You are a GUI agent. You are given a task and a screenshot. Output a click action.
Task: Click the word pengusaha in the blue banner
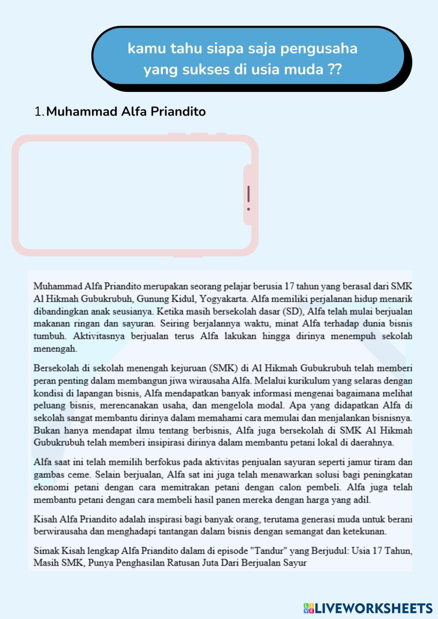coord(319,49)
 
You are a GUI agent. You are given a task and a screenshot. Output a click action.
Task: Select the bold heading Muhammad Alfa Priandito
coord(126,112)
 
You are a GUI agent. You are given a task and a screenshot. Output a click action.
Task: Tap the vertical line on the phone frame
coord(248,193)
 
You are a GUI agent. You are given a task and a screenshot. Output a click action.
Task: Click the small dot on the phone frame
coord(248,209)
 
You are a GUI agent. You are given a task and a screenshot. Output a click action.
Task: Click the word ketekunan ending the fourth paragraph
coord(364,532)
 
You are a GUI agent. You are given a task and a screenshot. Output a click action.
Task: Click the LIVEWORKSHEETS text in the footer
coord(374,608)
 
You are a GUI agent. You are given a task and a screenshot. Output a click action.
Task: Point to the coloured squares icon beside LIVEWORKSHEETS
coord(308,608)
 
